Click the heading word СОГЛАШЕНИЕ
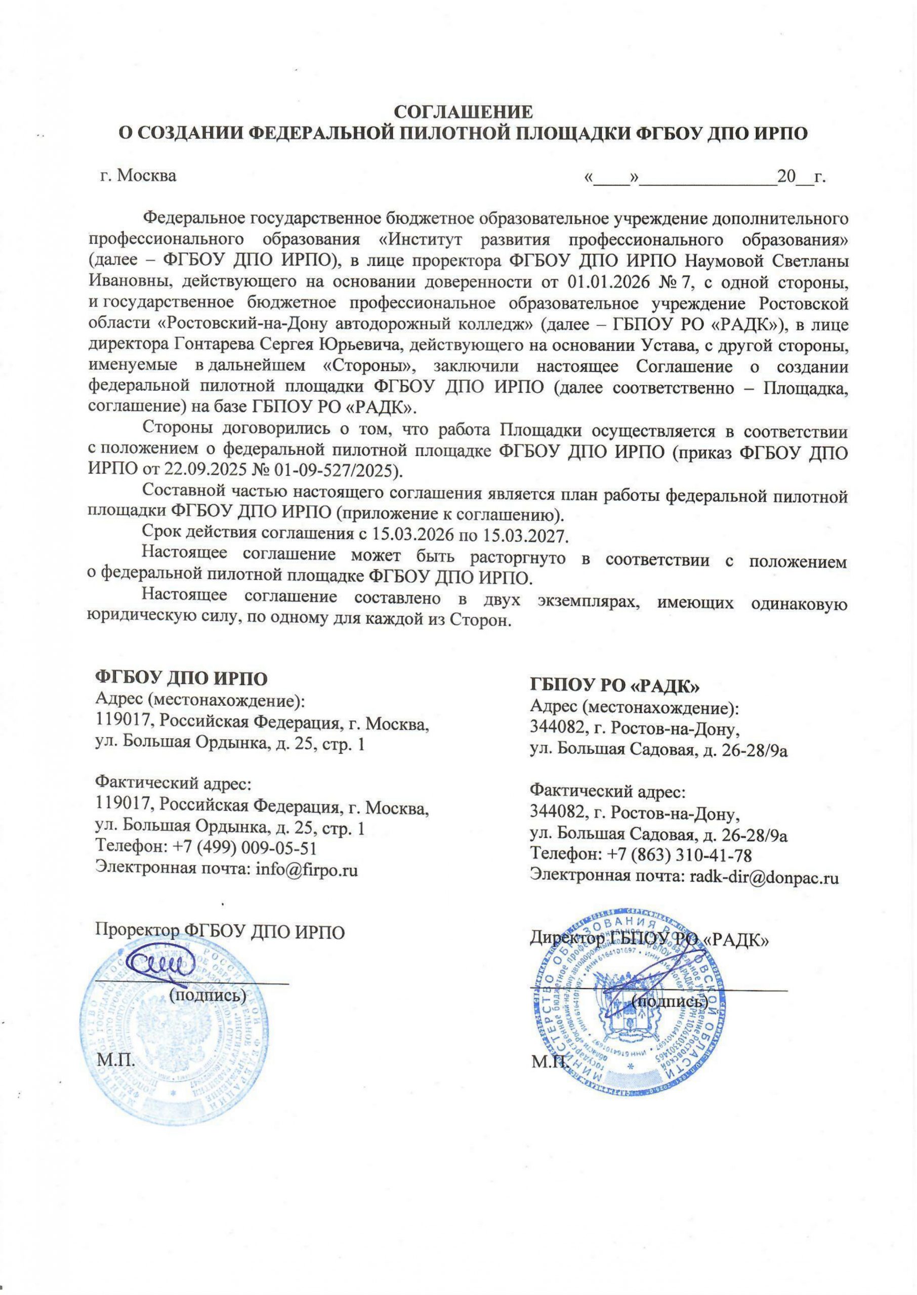coord(463,112)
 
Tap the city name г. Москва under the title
coord(138,176)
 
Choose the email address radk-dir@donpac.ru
coord(762,877)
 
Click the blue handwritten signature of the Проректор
coord(161,964)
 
